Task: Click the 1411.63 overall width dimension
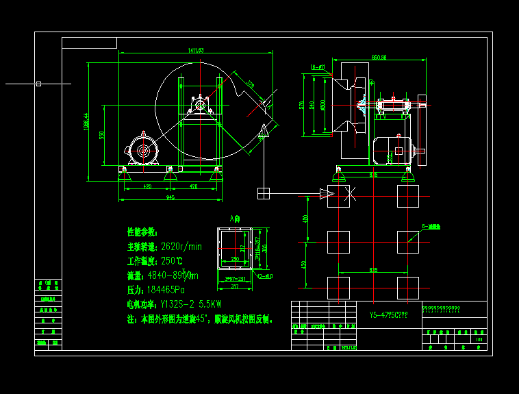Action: pyautogui.click(x=196, y=51)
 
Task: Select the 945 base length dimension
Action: pyautogui.click(x=170, y=197)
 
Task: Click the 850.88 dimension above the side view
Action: pyautogui.click(x=379, y=57)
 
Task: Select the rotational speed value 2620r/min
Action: pyautogui.click(x=181, y=247)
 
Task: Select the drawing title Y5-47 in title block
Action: pyautogui.click(x=388, y=316)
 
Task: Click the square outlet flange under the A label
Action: pyautogui.click(x=235, y=248)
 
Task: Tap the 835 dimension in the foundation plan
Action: pyautogui.click(x=373, y=270)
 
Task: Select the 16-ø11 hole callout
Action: pyautogui.click(x=318, y=67)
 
